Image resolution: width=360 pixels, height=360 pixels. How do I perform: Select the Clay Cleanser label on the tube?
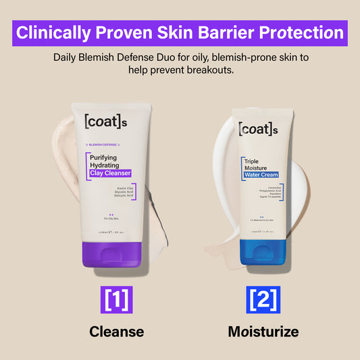coord(110,174)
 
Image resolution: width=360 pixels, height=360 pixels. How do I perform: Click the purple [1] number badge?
coord(116,299)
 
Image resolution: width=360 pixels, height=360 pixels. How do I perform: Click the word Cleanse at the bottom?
coord(116,332)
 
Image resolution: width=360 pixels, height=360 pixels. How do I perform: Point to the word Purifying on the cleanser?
coord(105,158)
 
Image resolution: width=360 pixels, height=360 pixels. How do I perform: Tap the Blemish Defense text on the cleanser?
coord(103,145)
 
